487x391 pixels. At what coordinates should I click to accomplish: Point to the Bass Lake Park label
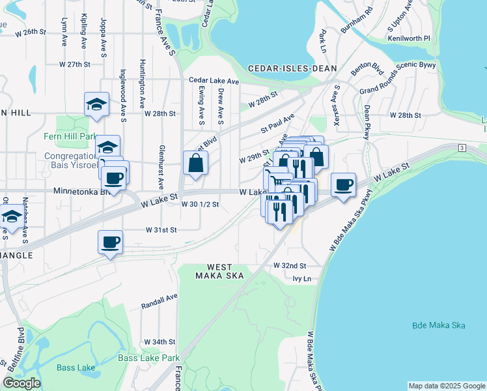148,358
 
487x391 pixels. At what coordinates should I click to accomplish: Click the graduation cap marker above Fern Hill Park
96,104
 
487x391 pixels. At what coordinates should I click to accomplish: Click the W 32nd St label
290,266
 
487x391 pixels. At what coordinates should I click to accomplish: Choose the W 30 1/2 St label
200,204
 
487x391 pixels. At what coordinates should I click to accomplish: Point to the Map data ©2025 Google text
446,386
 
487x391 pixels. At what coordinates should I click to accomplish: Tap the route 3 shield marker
462,149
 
